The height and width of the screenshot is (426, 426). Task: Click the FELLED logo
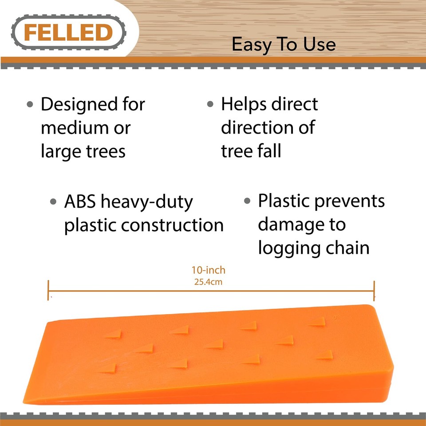[x=68, y=32]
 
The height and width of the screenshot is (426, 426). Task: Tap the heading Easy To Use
[x=284, y=44]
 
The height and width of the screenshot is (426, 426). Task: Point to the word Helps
[x=245, y=105]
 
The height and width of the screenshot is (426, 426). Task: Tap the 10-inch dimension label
[x=209, y=270]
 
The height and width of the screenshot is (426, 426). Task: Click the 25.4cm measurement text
[x=209, y=281]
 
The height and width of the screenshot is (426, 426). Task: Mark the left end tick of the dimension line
[x=48, y=291]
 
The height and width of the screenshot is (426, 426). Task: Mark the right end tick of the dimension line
[x=374, y=291]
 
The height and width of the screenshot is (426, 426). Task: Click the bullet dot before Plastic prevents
[x=248, y=201]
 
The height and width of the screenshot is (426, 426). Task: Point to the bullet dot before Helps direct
[x=211, y=105]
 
